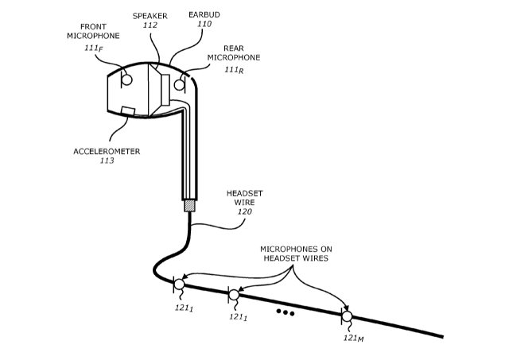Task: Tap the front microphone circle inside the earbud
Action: pos(126,79)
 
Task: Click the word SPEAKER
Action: pos(150,15)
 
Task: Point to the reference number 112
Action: pos(150,25)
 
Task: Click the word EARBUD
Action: pos(204,14)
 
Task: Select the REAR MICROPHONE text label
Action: pos(233,52)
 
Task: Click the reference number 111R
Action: pos(233,70)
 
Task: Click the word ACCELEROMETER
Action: pos(107,149)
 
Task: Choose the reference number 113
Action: pos(107,161)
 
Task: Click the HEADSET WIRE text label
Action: pos(245,198)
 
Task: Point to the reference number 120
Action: pos(245,213)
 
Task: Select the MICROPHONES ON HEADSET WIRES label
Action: pos(297,254)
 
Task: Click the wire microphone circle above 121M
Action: pos(347,315)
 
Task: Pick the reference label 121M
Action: pos(354,338)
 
